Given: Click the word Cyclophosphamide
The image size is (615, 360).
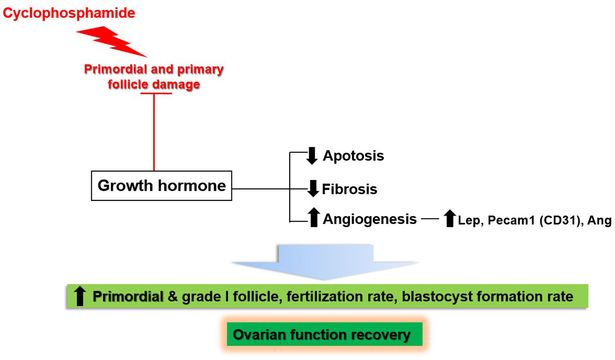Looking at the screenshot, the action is tap(69, 13).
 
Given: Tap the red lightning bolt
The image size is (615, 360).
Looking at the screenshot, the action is tap(111, 41).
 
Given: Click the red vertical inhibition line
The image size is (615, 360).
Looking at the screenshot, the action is tap(154, 132).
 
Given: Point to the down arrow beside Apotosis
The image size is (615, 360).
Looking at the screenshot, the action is tap(312, 156).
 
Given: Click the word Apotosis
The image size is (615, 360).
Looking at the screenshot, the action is tap(353, 156).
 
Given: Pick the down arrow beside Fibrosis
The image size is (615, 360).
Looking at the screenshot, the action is tap(313, 189).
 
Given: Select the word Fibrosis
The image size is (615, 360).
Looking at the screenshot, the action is tap(349, 189).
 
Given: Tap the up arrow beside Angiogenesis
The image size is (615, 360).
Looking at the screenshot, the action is tap(314, 217).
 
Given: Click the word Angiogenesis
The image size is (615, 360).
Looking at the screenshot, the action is tap(370, 219).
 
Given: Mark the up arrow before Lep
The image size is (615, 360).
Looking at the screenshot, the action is tap(450, 218).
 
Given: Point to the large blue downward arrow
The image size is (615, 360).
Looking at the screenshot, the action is tap(325, 262).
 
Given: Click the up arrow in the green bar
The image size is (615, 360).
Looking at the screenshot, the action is tap(80, 296).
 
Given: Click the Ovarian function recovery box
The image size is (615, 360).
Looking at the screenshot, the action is tap(324, 334).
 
